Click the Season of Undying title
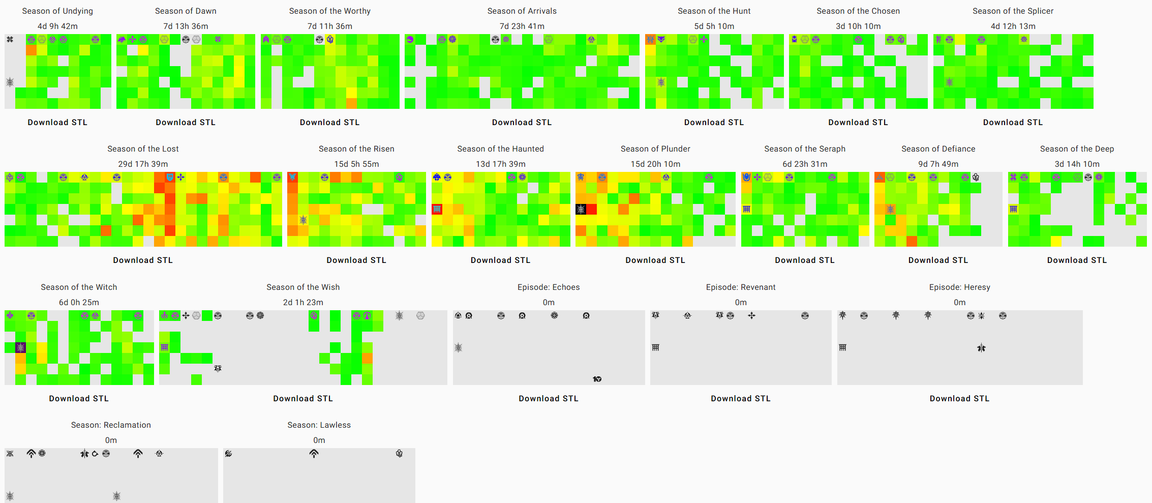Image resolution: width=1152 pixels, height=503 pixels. pyautogui.click(x=57, y=11)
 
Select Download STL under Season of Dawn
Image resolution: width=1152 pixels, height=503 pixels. pyautogui.click(x=186, y=123)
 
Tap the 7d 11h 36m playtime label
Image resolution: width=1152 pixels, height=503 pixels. pyautogui.click(x=329, y=26)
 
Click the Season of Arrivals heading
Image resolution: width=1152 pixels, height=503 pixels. pyautogui.click(x=522, y=11)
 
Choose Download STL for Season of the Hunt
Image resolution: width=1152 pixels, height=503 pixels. pyautogui.click(x=714, y=123)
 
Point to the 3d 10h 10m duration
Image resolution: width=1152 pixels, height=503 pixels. pyautogui.click(x=858, y=26)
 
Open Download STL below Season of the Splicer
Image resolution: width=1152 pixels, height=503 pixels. pyautogui.click(x=1013, y=123)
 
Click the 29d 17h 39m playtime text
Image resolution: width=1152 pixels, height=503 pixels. pyautogui.click(x=143, y=164)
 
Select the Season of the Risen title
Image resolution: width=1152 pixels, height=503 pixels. pyautogui.click(x=356, y=149)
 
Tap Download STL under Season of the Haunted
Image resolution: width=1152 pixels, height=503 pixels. pyautogui.click(x=500, y=260)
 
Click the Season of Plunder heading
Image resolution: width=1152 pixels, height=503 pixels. pyautogui.click(x=655, y=149)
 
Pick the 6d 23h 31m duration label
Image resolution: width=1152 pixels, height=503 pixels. pyautogui.click(x=805, y=164)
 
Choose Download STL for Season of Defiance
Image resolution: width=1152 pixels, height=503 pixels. pyautogui.click(x=938, y=260)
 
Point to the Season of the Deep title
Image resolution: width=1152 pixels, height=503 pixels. pyautogui.click(x=1077, y=149)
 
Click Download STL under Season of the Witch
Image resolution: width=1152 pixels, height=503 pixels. pyautogui.click(x=79, y=399)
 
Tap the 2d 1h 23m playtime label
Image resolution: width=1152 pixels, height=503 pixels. pyautogui.click(x=303, y=303)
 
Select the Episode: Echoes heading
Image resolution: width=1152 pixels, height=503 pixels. pyautogui.click(x=549, y=287)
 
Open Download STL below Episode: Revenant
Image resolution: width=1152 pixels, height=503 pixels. pyautogui.click(x=741, y=399)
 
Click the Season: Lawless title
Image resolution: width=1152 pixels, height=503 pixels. pyautogui.click(x=319, y=425)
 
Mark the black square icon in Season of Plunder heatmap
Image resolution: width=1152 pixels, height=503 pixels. pyautogui.click(x=581, y=209)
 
